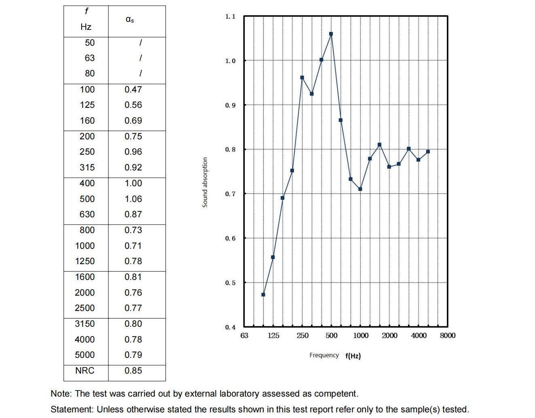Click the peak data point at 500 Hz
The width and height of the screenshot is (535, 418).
coord(331,34)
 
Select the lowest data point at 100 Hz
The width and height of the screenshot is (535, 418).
coord(263,294)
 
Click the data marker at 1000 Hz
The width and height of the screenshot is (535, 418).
coord(360,189)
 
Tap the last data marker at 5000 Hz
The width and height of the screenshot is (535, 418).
coord(428,152)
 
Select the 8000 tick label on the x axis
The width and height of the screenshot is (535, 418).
coord(447,336)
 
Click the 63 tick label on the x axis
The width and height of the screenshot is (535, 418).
coord(244,336)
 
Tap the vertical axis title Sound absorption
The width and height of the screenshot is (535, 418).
coord(205,183)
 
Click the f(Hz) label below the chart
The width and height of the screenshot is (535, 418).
coord(353,356)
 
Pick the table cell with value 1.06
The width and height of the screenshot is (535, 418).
coord(133,199)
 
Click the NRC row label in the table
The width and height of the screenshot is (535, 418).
coord(85,370)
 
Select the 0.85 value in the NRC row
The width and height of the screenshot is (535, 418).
coord(133,370)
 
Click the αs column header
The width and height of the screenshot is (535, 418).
coord(130,19)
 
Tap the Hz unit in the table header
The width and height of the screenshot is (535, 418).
coord(86,27)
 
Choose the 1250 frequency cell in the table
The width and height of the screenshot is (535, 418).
coord(85,261)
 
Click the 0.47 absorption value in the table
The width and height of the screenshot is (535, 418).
coord(133,90)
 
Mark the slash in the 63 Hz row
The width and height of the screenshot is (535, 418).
coord(140,58)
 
